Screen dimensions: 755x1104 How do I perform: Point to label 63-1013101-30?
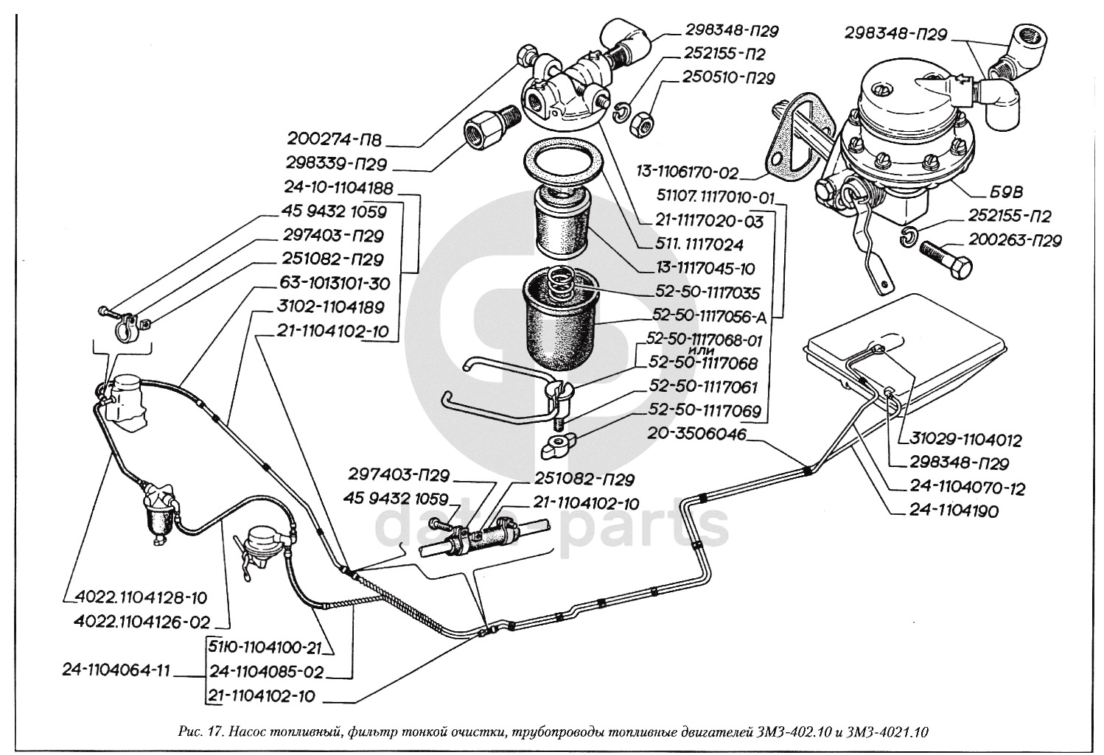[335, 283]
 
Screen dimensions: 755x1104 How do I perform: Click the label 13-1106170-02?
[688, 173]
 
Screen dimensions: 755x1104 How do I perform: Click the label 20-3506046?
[697, 435]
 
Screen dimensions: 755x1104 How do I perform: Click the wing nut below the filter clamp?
[559, 445]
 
